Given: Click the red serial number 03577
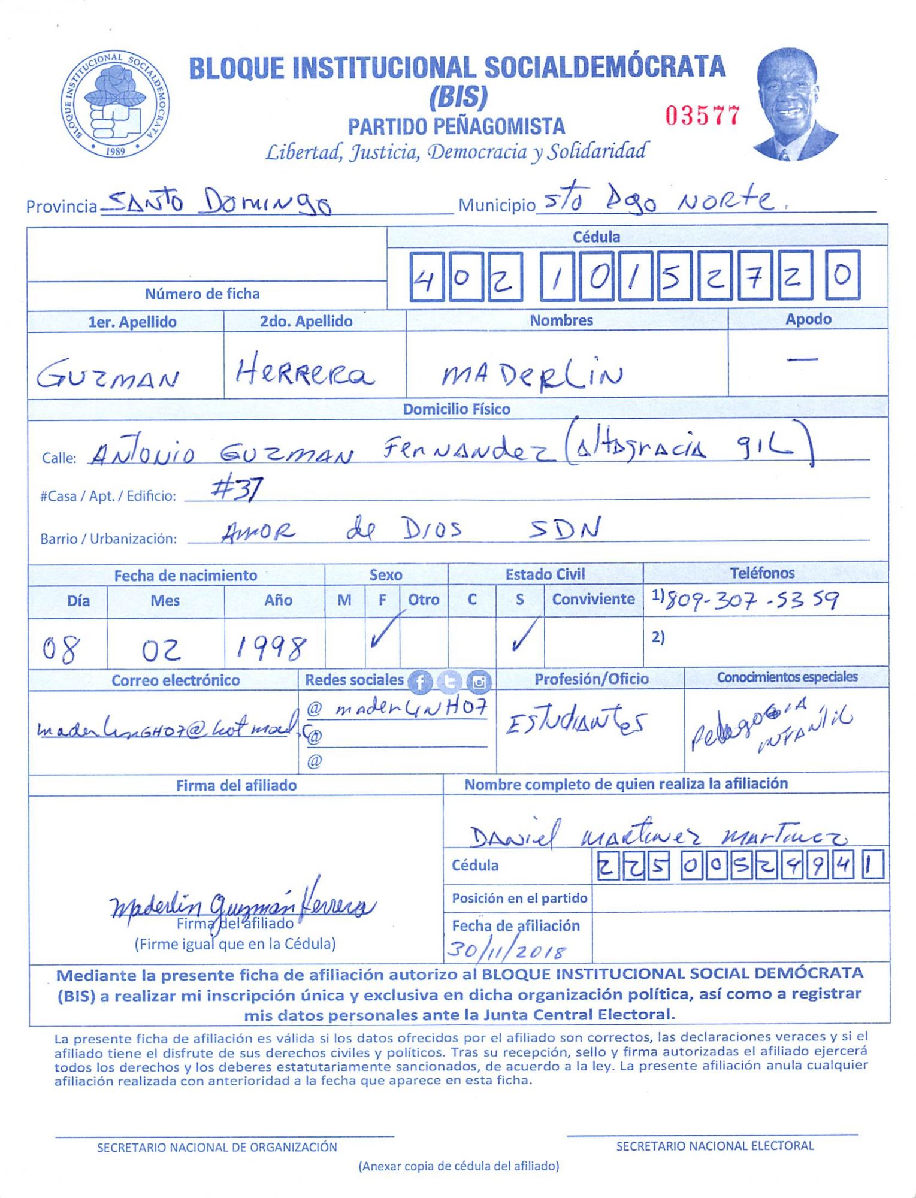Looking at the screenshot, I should [x=703, y=115].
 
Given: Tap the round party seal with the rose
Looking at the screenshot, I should [x=116, y=105].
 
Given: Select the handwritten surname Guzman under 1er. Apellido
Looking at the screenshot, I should [x=108, y=376].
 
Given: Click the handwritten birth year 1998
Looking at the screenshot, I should [x=271, y=647].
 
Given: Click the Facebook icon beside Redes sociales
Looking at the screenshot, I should [x=420, y=681].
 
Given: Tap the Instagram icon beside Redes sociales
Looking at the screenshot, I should [x=479, y=681].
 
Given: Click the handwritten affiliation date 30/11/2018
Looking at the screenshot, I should [x=507, y=949].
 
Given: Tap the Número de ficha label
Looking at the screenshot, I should [x=202, y=294].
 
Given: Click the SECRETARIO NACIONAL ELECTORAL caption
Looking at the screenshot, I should [x=715, y=1145].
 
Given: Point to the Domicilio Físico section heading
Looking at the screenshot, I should [x=457, y=409].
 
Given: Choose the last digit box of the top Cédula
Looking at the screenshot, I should [x=842, y=275].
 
